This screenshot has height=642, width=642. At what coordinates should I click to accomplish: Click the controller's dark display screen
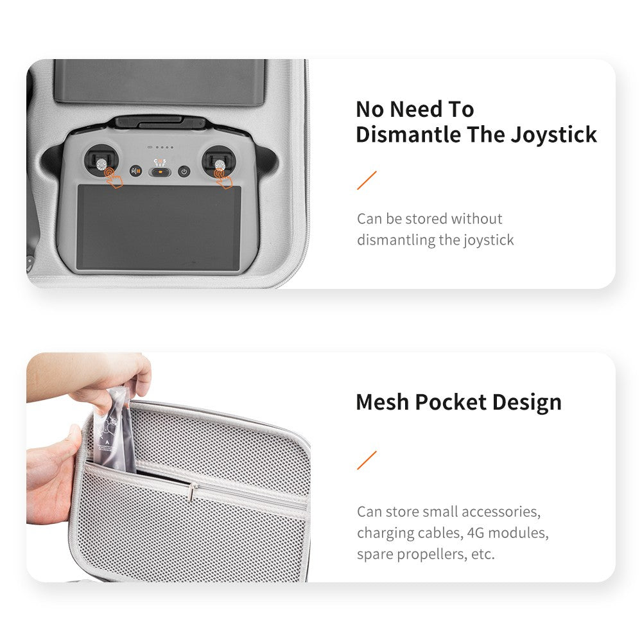(x=159, y=227)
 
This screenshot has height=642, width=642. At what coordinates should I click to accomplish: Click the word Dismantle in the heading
(x=408, y=134)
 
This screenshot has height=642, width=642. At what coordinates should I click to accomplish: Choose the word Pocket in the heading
(x=451, y=402)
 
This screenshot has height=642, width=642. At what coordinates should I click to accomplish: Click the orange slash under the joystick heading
(x=367, y=180)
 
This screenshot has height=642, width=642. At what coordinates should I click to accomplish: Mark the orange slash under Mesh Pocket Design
(x=367, y=460)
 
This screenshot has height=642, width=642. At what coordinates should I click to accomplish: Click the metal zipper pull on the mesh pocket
(x=191, y=492)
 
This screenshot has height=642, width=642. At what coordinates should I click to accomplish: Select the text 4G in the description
(x=475, y=533)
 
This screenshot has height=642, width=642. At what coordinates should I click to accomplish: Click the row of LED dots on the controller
(x=160, y=147)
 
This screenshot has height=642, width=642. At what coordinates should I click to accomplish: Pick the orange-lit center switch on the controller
(x=160, y=172)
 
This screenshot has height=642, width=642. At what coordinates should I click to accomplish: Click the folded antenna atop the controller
(x=160, y=121)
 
